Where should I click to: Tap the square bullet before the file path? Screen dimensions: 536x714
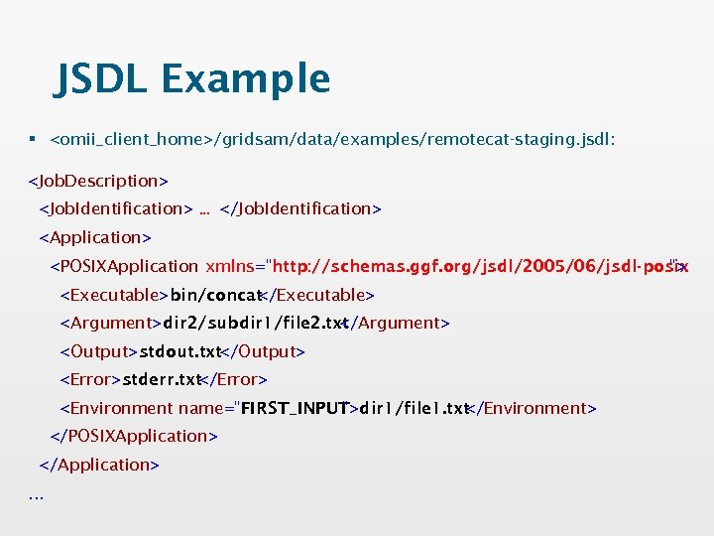point(35,141)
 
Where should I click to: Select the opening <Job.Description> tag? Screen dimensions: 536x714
point(98,181)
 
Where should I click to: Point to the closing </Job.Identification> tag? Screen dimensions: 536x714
point(300,208)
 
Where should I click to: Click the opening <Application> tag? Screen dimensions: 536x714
point(94,237)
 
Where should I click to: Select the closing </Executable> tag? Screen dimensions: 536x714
point(316,295)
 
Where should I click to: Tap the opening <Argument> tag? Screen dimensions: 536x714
point(110,323)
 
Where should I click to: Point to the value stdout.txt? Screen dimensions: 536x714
point(179,351)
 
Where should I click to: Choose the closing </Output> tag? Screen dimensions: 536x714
point(264,351)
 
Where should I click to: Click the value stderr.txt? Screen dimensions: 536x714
point(162,379)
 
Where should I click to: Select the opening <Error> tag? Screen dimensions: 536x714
point(90,379)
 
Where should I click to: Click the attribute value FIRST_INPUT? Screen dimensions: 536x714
point(295,408)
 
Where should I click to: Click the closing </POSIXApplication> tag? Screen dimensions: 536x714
point(134,436)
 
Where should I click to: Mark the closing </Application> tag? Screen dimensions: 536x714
point(99,465)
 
